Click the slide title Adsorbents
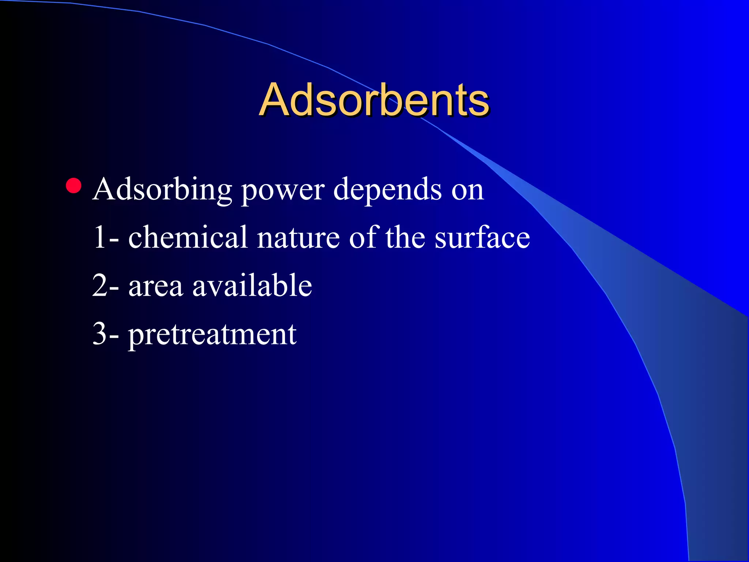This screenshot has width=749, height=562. pyautogui.click(x=374, y=100)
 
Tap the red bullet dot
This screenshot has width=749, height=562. pyautogui.click(x=74, y=186)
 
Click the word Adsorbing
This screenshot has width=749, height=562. pyautogui.click(x=162, y=190)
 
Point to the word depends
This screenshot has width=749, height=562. pyautogui.click(x=387, y=190)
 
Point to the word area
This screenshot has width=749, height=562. pyautogui.click(x=155, y=287)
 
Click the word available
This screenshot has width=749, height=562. pyautogui.click(x=252, y=285)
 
